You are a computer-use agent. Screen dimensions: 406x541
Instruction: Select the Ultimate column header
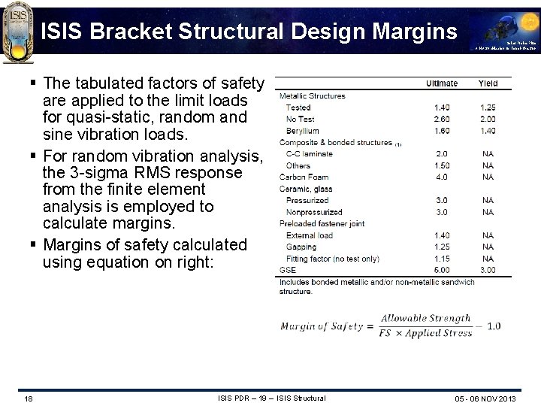point(442,83)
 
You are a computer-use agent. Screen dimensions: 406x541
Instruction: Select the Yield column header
point(488,83)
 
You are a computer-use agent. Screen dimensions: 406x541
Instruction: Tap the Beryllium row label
point(302,131)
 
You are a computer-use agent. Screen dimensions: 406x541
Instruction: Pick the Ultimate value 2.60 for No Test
point(442,119)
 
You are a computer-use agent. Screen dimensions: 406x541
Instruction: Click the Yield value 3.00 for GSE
point(488,270)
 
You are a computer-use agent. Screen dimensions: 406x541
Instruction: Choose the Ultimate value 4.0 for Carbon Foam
point(442,177)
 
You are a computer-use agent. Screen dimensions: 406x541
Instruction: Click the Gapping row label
point(301,247)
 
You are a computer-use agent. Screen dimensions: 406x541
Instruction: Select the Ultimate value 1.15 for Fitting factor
point(442,259)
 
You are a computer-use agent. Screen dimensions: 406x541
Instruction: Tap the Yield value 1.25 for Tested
point(488,108)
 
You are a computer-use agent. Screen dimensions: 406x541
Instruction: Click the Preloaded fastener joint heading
point(322,223)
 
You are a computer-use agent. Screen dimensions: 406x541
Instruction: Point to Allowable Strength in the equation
point(425,319)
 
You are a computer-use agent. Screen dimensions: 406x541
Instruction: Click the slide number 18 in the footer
point(28,398)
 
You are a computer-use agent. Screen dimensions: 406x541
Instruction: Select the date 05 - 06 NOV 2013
point(485,398)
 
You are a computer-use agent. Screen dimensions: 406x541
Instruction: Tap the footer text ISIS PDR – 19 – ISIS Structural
point(271,398)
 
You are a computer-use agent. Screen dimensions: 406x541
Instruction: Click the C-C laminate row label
point(309,154)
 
